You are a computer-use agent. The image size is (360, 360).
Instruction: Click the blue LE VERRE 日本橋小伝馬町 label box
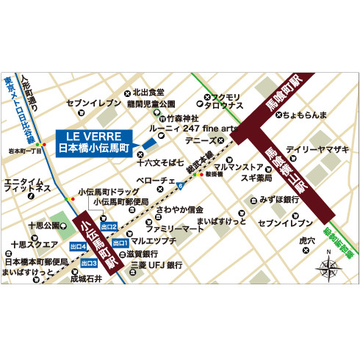tap(93, 142)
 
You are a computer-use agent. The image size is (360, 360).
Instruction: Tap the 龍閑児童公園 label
tap(151, 104)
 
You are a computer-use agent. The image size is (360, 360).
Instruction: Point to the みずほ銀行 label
tap(280, 199)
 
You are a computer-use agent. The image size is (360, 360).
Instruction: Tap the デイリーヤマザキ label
tap(317, 149)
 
